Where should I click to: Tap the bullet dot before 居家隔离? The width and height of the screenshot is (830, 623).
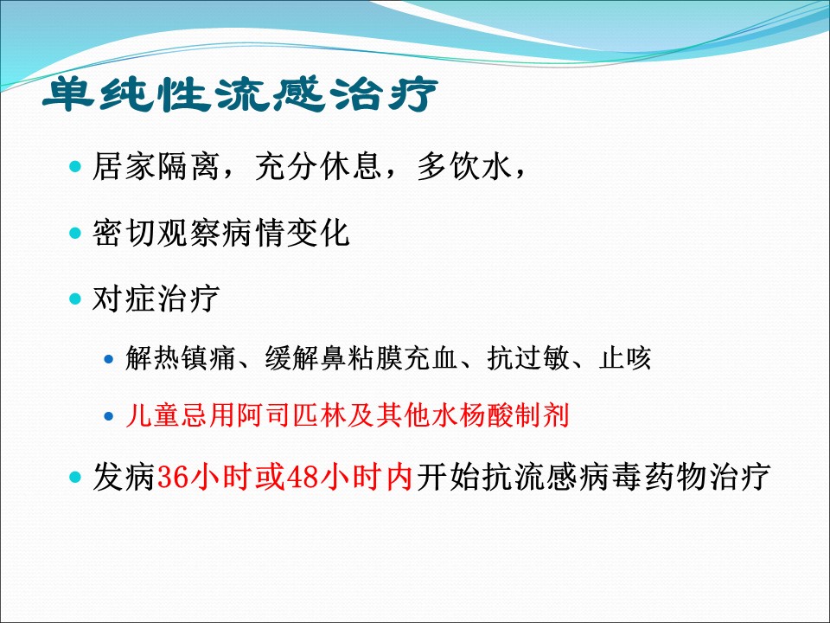click(x=75, y=167)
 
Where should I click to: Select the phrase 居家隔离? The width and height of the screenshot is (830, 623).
click(x=156, y=166)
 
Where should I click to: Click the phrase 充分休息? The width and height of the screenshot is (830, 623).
click(x=319, y=166)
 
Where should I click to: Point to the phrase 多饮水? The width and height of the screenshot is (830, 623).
click(x=465, y=166)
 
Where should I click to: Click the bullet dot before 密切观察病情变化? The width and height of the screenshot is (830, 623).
click(x=75, y=233)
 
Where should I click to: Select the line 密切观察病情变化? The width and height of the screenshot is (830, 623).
click(x=220, y=233)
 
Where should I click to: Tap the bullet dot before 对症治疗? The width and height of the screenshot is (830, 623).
click(x=75, y=299)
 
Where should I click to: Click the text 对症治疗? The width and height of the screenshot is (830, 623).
click(x=156, y=299)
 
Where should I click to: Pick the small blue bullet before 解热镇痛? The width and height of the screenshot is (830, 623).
click(x=109, y=359)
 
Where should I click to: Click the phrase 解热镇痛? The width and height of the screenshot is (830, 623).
click(x=180, y=358)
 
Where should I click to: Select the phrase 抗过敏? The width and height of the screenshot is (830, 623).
click(x=527, y=358)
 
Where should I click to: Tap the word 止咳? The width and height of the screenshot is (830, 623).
click(x=625, y=358)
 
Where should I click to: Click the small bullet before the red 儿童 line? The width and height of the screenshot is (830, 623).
click(x=109, y=416)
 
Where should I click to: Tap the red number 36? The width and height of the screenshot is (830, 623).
click(x=173, y=477)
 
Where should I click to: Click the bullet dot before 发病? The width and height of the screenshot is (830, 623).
click(x=75, y=478)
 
